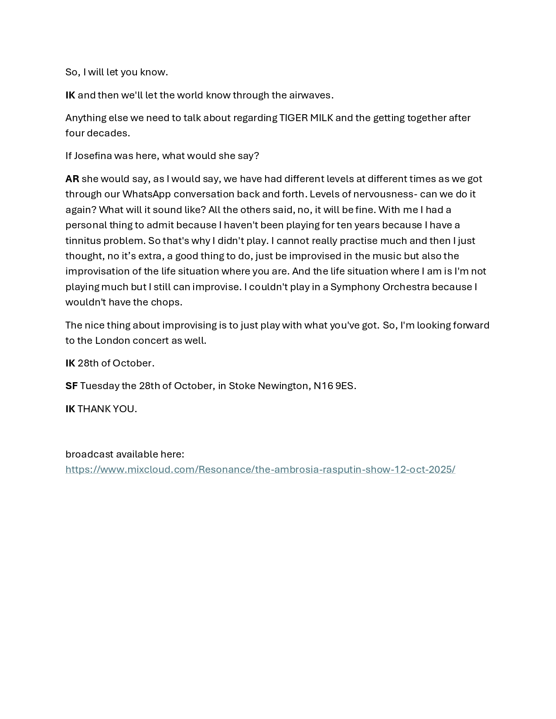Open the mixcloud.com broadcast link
(x=260, y=469)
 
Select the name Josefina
(x=93, y=156)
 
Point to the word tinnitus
(x=83, y=241)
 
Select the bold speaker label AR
(x=72, y=179)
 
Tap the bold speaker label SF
(x=72, y=386)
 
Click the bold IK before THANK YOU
(x=70, y=409)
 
